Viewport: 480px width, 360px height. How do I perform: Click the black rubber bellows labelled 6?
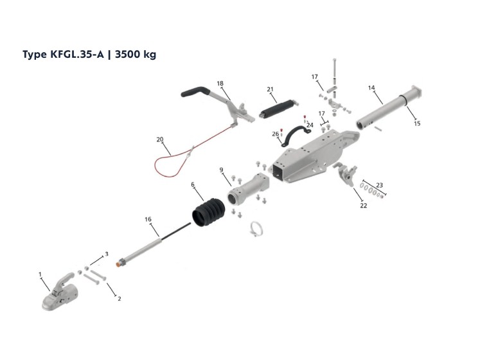pos(208,213)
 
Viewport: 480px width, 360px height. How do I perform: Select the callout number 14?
pos(371,88)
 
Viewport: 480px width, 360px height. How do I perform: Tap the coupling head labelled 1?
pos(59,292)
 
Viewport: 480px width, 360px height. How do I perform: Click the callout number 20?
pos(160,139)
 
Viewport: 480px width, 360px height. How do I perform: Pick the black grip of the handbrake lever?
pos(195,91)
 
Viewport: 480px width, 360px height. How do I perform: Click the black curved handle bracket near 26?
pos(296,135)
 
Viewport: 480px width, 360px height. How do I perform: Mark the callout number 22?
pos(363,206)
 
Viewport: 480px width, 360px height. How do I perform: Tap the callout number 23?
pos(379,185)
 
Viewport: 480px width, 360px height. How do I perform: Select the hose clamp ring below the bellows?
pos(256,229)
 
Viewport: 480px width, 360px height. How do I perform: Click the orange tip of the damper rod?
pos(118,263)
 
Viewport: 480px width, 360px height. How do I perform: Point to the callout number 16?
pos(148,219)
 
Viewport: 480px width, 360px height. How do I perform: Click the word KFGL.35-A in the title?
pos(76,54)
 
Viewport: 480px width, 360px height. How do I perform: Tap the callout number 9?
pos(221,170)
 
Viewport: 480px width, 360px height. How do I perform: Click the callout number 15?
pos(417,124)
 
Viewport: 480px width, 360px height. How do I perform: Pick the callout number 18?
pos(220,84)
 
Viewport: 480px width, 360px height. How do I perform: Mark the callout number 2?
pos(120,299)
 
